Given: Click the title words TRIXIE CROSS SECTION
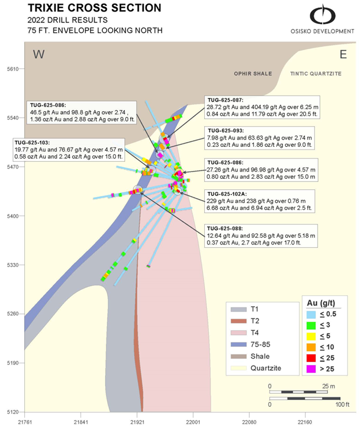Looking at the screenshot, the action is (94, 8).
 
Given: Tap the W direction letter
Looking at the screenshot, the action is (39, 54).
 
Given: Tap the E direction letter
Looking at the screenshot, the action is (343, 54).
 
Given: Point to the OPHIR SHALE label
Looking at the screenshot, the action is (253, 73).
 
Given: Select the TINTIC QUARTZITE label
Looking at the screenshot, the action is (316, 73).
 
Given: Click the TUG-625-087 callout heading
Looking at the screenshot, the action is (226, 100).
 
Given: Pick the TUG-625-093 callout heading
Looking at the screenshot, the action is (226, 131).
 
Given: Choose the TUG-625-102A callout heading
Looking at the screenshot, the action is (227, 194).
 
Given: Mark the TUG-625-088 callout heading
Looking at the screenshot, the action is (225, 228).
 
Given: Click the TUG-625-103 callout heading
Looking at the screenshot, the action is (32, 143).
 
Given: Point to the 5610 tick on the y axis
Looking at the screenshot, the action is (13, 69).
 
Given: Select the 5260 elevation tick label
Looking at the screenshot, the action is (13, 314).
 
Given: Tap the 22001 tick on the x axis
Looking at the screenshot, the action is (193, 422).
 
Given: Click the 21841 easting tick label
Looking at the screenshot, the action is (81, 422).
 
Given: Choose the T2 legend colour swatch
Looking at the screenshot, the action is (238, 321).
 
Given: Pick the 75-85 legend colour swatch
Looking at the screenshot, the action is (238, 344).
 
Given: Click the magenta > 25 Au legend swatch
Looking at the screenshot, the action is (311, 369).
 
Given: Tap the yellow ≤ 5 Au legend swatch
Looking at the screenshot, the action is (311, 337).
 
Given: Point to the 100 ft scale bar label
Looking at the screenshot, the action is (342, 404).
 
